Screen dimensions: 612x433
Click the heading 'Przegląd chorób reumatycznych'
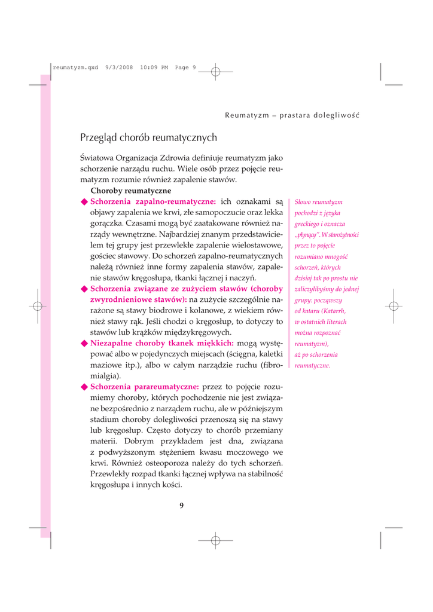click(148, 138)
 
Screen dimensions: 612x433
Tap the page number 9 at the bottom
click(182, 506)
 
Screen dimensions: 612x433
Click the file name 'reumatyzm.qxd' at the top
click(75, 67)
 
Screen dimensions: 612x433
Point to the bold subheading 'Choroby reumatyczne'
click(130, 191)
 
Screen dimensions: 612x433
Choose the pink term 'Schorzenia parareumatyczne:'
click(145, 387)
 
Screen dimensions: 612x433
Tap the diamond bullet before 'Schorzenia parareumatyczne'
click(84, 387)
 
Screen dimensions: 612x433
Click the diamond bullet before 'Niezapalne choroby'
click(84, 343)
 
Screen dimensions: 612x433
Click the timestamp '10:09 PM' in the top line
click(154, 67)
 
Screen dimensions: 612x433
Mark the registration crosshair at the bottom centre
click(216, 540)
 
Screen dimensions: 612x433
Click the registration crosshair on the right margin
click(393, 306)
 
